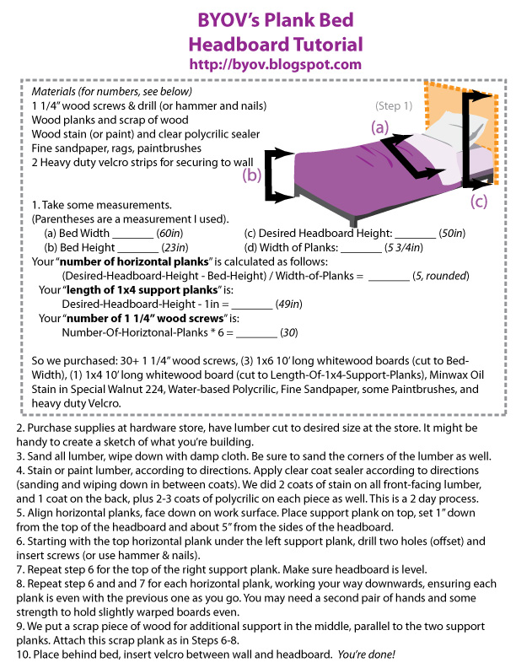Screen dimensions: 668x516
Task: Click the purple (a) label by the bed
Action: pyautogui.click(x=380, y=128)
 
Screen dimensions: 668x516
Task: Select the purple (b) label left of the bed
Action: pyautogui.click(x=252, y=175)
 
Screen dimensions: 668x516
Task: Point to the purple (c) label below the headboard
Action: pyautogui.click(x=478, y=201)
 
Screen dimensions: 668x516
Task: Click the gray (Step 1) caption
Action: pyautogui.click(x=394, y=106)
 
